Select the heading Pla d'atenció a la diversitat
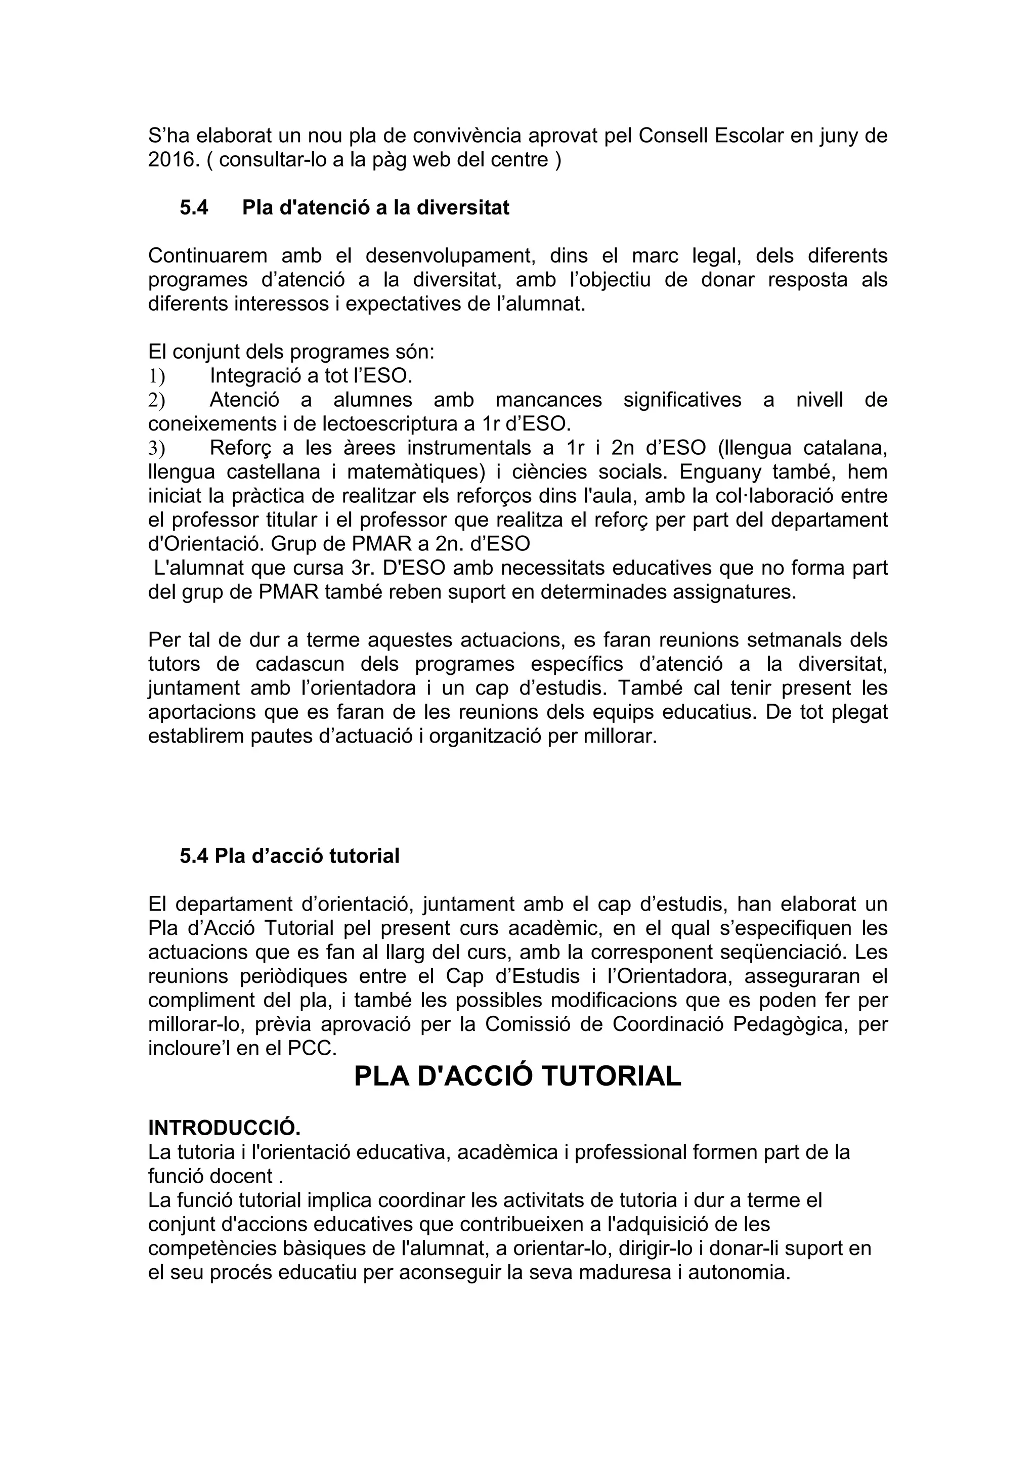(x=375, y=207)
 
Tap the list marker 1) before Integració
(x=156, y=376)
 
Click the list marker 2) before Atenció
(x=156, y=400)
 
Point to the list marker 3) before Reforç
(x=156, y=448)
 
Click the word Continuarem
(x=207, y=256)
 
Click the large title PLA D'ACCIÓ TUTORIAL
(x=517, y=1076)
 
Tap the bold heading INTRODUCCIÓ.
(x=224, y=1128)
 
